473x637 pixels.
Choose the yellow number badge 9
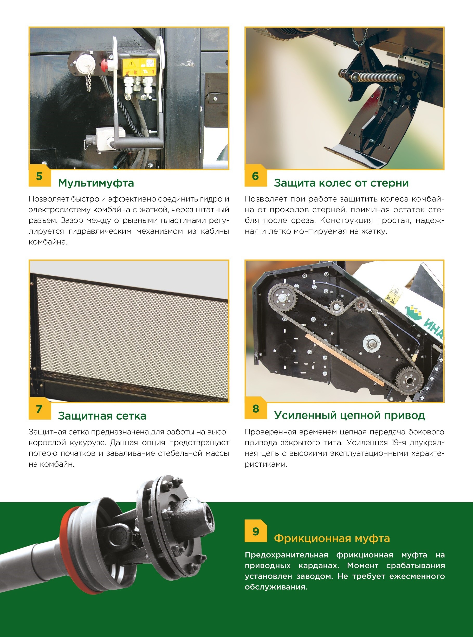256,531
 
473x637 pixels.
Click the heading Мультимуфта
96,183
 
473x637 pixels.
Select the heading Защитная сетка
102,416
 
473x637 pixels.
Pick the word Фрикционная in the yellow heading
312,538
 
